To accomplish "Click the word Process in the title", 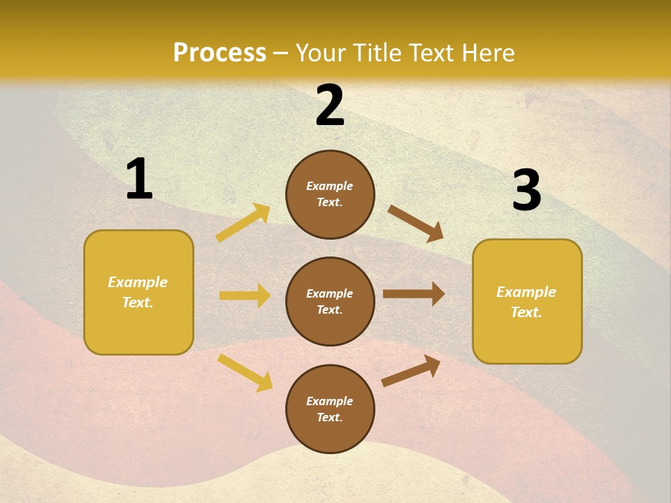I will click(219, 53).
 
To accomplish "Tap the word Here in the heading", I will click(486, 53).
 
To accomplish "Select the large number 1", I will click(139, 180).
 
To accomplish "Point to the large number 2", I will click(330, 105).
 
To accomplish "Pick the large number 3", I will click(526, 191).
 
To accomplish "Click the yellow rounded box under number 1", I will click(138, 292).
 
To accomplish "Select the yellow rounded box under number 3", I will click(527, 301).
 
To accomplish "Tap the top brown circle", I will click(330, 194).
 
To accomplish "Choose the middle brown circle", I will click(330, 301).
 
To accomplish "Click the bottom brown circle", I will click(330, 409).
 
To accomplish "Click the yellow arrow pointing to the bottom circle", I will click(245, 372).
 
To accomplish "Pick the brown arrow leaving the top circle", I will click(415, 223).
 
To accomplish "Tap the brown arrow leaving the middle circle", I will click(414, 294).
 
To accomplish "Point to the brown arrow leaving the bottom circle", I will click(411, 370).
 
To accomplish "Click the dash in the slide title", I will click(280, 53).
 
